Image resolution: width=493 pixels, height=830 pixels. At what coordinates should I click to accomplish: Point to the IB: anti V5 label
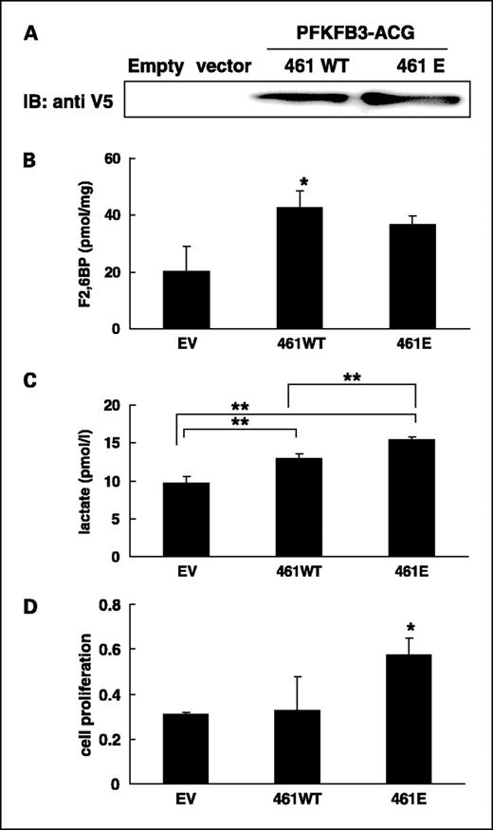pos(64,97)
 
